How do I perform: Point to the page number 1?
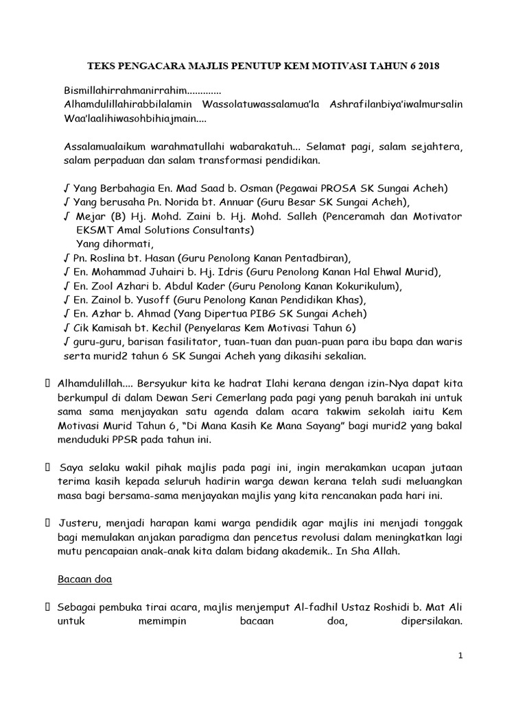462,655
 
